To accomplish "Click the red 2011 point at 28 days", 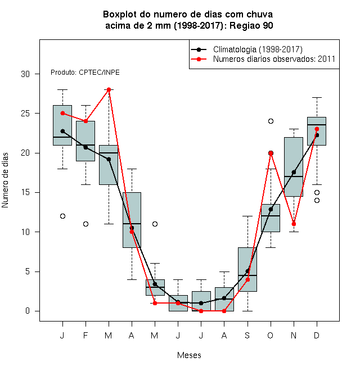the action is click(x=109, y=90).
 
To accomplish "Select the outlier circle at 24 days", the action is click(x=271, y=121).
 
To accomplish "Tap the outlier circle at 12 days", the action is click(x=62, y=216).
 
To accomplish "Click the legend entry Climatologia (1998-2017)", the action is click(x=246, y=49).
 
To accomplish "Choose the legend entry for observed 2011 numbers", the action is click(x=263, y=59).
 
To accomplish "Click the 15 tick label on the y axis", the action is click(x=25, y=192).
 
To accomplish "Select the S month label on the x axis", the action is click(x=247, y=335).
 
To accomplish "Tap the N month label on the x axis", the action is click(x=294, y=335).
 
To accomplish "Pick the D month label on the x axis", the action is click(x=317, y=335).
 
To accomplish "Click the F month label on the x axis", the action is click(x=85, y=335).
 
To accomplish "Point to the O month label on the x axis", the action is click(x=271, y=335).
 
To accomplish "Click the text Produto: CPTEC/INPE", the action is click(x=85, y=73).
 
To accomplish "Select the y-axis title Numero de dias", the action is click(x=5, y=180).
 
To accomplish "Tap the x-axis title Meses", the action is click(x=189, y=355).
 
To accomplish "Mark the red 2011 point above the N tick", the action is click(x=294, y=224).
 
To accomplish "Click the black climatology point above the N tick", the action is click(x=294, y=172).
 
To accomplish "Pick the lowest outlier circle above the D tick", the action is click(x=317, y=201).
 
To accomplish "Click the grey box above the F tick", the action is click(x=85, y=141).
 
